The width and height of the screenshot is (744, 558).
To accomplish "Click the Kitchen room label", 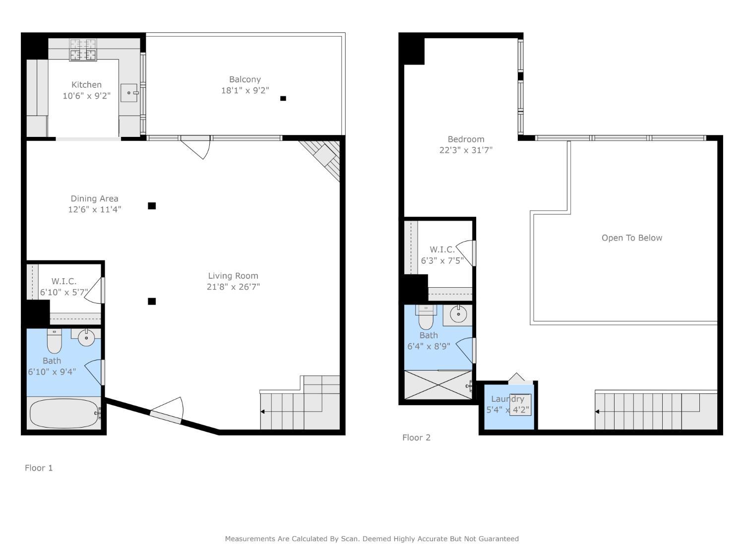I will pos(86,85).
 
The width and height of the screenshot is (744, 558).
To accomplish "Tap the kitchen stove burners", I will pos(83,50).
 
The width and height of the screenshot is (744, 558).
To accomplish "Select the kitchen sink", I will pos(129,93).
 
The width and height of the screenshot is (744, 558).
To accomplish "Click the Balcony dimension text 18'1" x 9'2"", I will pos(245,90).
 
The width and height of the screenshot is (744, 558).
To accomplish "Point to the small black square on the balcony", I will pos(283,98).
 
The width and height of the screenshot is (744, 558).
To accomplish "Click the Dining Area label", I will pos(94,198).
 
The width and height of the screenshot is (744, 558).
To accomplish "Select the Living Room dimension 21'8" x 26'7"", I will pos(233,287).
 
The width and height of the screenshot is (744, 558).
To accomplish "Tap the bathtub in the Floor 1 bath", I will pos(64,413).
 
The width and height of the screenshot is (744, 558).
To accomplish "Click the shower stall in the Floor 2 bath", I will pos(438,384).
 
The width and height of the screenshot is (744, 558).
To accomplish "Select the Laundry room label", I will pos(507,399).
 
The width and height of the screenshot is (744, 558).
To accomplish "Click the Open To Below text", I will pos(632,238).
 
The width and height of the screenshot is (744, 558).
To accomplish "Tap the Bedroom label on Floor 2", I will pos(466,139).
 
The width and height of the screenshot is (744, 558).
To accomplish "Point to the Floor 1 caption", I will pos(39,468).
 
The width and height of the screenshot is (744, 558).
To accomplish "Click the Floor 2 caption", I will pos(416,437).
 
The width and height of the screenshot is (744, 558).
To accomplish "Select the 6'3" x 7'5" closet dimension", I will pos(442,260).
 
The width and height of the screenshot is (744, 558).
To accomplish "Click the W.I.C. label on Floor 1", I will pos(64,281).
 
